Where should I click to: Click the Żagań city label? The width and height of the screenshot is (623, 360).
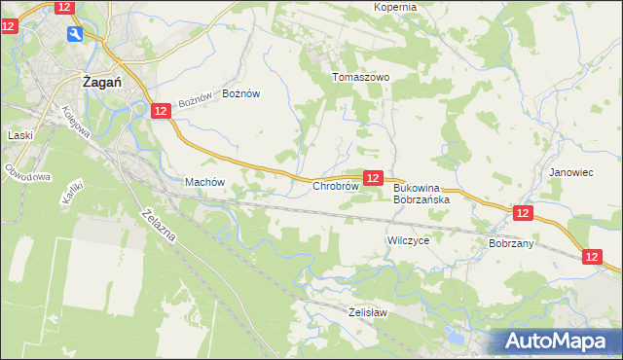101,83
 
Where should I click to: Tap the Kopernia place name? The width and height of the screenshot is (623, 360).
395,7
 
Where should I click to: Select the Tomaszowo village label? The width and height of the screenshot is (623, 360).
361,77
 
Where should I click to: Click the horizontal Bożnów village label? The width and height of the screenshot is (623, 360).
241,93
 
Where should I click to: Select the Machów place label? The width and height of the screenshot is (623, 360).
204,182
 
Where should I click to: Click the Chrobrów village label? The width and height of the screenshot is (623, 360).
336,186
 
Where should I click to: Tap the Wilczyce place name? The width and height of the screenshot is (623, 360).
408,239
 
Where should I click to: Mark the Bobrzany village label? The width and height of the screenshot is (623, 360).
511,243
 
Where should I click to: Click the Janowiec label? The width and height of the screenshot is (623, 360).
571,172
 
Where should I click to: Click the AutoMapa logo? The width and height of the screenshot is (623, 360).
558,341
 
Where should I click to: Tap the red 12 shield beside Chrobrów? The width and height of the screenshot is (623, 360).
373,177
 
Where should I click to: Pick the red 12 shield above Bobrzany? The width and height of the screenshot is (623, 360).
523,212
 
